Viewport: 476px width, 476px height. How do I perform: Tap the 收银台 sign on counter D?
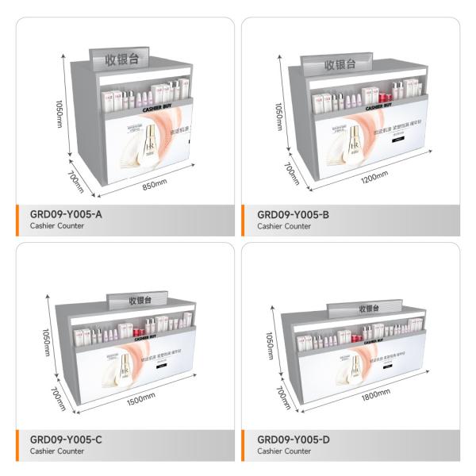[x=369, y=308]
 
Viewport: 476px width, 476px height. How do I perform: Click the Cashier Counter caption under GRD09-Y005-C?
[x=57, y=451]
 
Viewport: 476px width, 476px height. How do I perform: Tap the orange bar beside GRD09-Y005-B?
[x=245, y=218]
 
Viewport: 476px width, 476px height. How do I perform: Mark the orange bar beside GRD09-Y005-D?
[x=245, y=444]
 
